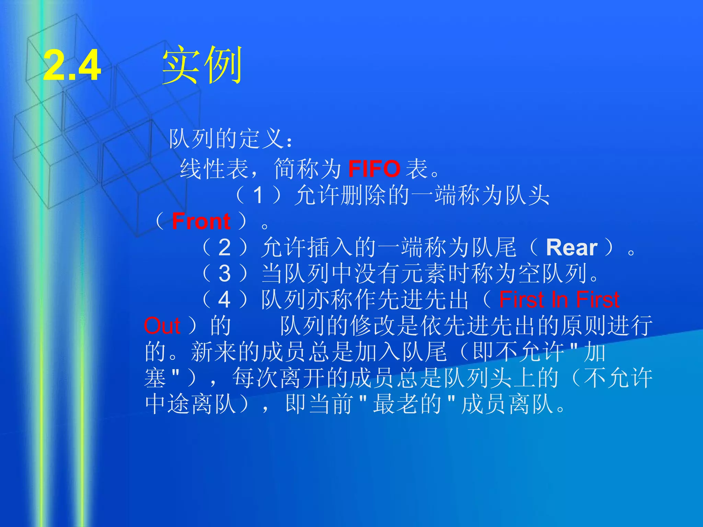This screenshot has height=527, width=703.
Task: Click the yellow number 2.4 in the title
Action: coord(72,65)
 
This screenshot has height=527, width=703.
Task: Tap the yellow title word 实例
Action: coord(203,65)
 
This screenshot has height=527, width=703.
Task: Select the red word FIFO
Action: coord(374,169)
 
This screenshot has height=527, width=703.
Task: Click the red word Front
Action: coord(201,221)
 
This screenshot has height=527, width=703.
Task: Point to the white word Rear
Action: coord(572,247)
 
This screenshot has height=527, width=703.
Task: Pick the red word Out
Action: coord(162,326)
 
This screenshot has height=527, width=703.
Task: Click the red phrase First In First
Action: coord(559,300)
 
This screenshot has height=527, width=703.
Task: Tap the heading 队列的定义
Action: coord(227,139)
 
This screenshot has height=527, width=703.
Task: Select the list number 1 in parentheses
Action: coord(258,195)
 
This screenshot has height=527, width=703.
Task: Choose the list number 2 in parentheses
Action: coord(224,247)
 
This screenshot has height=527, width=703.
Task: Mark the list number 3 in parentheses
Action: coord(224,273)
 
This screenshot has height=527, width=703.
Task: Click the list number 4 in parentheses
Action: coord(224,300)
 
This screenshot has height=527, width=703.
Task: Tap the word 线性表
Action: coord(214,169)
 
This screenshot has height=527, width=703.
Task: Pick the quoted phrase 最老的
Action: coord(407,404)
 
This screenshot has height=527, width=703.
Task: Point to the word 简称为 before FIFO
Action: coord(308,169)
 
